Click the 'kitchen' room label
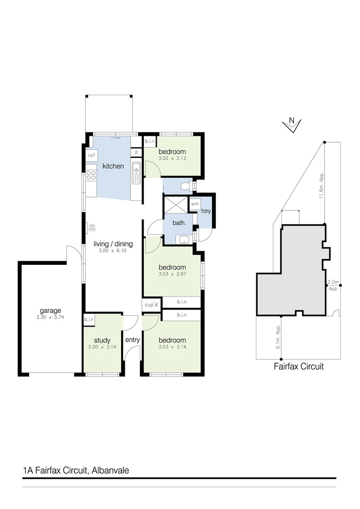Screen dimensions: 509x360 [x=113, y=166]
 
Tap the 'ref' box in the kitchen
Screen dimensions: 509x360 [x=91, y=155]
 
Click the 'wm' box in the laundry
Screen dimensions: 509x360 [x=194, y=204]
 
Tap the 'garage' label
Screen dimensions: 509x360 [x=50, y=311]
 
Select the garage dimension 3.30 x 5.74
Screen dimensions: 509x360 [x=50, y=318]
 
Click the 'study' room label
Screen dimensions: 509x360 [x=102, y=340]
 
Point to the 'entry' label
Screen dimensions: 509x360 [x=132, y=339]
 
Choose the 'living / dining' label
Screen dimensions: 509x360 [x=113, y=244]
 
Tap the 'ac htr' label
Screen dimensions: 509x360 [x=92, y=228]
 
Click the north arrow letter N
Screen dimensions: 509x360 [x=291, y=121]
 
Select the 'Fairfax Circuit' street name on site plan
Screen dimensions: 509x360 [x=298, y=366]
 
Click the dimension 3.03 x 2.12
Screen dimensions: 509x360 [x=172, y=159]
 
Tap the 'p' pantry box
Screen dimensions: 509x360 [x=136, y=152]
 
